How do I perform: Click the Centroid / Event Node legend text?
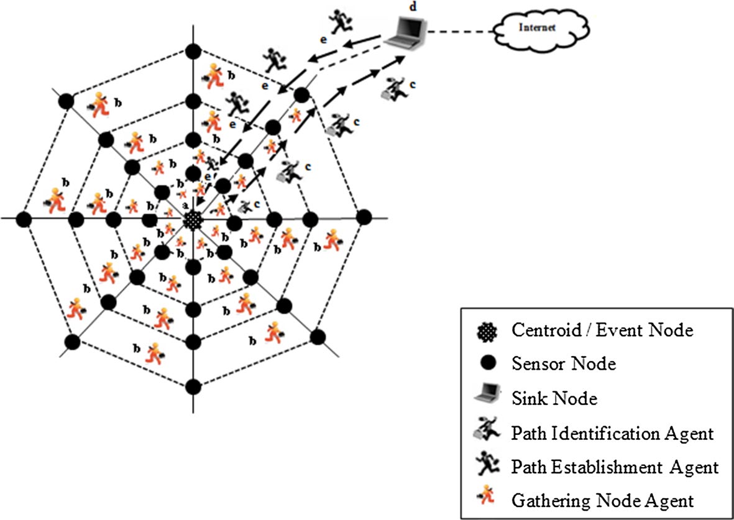click(x=602, y=331)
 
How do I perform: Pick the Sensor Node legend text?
click(x=564, y=363)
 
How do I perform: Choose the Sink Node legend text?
click(x=554, y=398)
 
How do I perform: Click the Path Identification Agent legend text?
click(x=613, y=433)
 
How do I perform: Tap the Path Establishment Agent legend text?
click(x=615, y=465)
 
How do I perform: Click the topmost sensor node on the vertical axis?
click(x=193, y=50)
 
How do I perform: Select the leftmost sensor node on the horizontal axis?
click(x=24, y=219)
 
